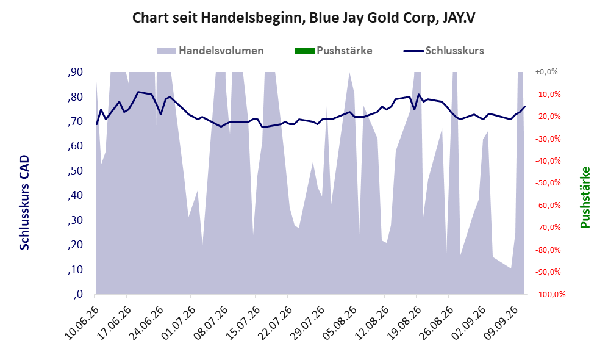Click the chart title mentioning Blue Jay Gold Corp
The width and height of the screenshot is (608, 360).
coord(304,18)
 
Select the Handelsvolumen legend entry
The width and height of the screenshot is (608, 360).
coord(210,51)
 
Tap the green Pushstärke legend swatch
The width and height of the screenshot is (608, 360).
coord(304,51)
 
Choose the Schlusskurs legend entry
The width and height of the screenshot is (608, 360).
coord(443,51)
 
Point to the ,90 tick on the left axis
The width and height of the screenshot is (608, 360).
coord(75,72)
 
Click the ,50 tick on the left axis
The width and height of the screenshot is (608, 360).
coord(75,171)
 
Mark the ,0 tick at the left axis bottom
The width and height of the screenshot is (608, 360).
coord(78,295)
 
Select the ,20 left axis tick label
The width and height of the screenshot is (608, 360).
coord(75,245)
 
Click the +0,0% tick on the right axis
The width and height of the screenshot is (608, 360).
coord(546,72)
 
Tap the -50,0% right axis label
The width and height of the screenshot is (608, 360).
coord(548,182)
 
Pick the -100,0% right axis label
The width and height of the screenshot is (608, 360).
coord(550,295)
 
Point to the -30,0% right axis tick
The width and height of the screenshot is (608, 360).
coord(548,139)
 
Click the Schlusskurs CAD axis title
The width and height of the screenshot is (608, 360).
coord(24,203)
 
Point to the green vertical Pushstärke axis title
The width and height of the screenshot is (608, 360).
coord(585,198)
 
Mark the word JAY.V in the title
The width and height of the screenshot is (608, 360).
coord(459,18)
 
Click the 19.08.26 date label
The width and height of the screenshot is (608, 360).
coord(403,323)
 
